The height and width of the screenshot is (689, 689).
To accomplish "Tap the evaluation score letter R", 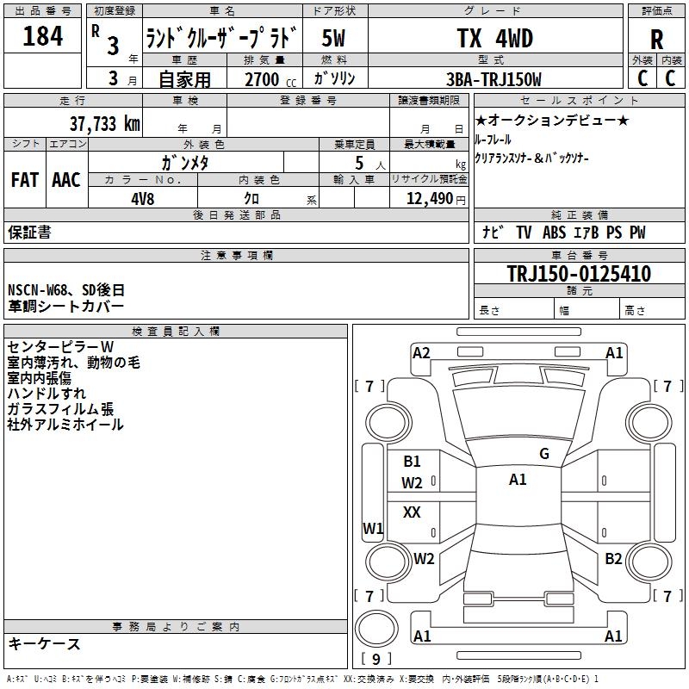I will pos(656,40).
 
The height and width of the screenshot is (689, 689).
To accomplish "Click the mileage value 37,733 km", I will pos(104,123).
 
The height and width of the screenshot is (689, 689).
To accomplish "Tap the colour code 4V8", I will pos(144,197).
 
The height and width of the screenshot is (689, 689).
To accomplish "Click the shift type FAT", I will pos(24,180).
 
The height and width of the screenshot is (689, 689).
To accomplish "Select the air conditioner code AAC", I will pos(65,180).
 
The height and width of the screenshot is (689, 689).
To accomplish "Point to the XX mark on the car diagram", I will pos(413,512).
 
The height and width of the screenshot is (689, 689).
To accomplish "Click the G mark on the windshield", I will pos(544,454).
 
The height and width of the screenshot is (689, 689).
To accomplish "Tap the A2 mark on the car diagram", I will pos(421,352).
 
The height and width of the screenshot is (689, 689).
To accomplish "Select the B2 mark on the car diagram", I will pos(613,558).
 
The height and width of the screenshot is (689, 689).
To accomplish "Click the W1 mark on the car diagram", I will pos(372,528).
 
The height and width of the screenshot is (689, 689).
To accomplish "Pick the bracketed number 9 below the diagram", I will pos(376,660).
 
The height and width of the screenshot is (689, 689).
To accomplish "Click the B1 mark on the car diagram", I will pos(413,462).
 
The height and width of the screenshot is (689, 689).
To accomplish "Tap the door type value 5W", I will pos(334,38).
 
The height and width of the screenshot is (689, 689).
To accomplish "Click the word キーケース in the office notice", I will pos(45,644).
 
